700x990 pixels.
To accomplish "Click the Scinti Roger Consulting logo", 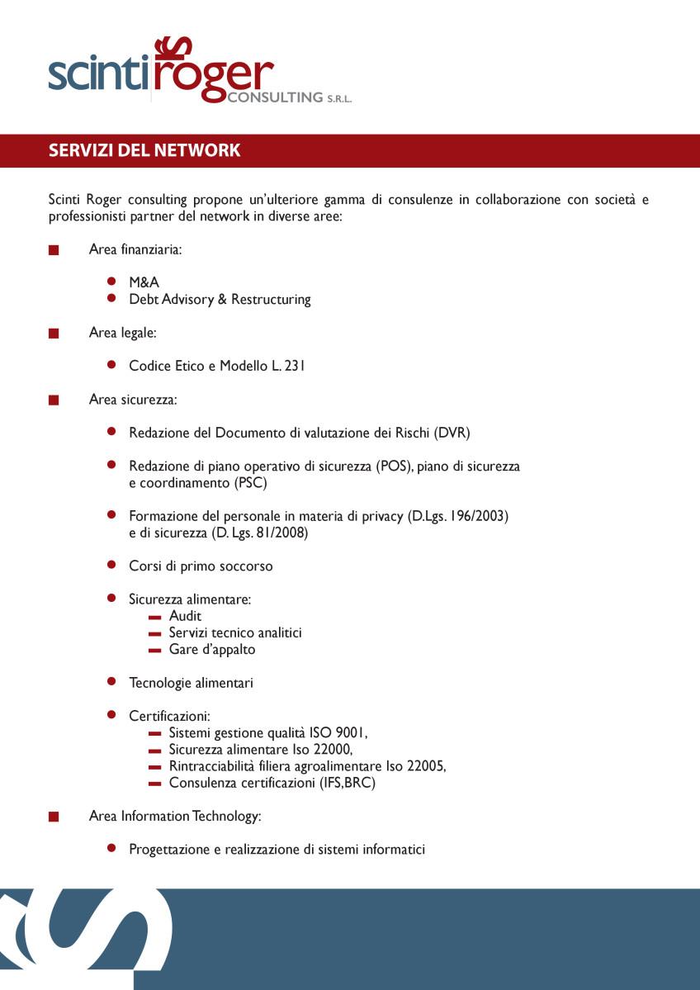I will (x=198, y=73).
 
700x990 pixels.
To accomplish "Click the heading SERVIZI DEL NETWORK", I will (x=144, y=150).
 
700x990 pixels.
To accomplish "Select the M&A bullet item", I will (x=144, y=282).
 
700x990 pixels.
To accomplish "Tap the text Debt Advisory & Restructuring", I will (x=220, y=299).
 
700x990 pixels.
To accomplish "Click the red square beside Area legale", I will (x=54, y=334).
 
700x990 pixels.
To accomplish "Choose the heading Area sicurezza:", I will (x=133, y=400).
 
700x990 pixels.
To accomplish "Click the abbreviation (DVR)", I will (x=452, y=433).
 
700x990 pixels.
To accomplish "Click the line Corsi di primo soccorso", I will (x=201, y=566).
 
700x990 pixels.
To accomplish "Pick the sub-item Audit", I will (x=185, y=616).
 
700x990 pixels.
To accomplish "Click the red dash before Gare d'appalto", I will (x=154, y=651).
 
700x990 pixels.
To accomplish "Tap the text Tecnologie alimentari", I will (x=191, y=683).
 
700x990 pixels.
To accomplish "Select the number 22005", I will (x=426, y=766).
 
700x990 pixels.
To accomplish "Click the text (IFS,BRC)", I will (x=347, y=783).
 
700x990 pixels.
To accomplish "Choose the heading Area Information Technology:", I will (x=175, y=816).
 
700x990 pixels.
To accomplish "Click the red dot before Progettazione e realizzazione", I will (x=111, y=849).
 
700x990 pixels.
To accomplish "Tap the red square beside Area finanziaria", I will (x=54, y=250).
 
